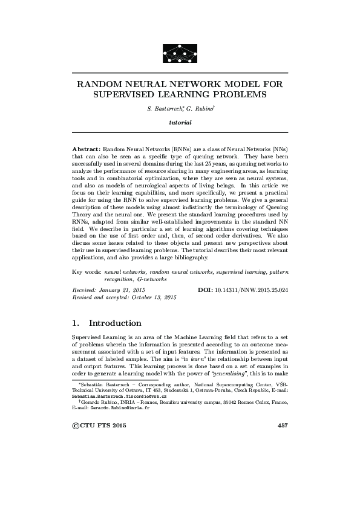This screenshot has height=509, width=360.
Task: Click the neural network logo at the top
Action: [180, 53]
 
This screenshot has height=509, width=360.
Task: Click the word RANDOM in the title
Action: [99, 85]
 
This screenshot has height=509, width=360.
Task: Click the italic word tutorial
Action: [180, 123]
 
